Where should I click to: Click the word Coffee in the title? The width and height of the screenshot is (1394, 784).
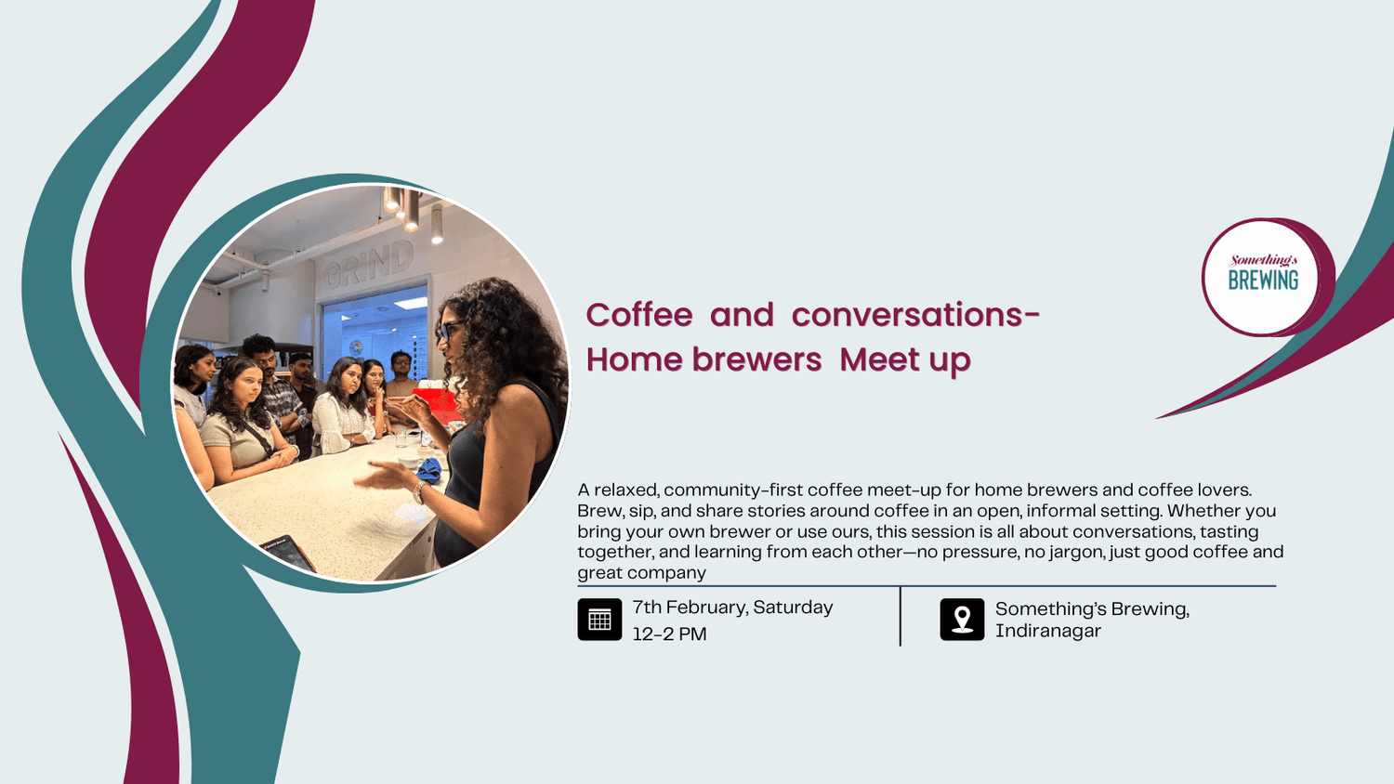[638, 315]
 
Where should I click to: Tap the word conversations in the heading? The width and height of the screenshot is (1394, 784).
[907, 315]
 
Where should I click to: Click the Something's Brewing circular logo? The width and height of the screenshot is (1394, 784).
[1262, 277]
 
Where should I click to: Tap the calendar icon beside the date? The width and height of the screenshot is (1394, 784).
[599, 620]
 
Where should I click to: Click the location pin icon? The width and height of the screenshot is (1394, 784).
[962, 620]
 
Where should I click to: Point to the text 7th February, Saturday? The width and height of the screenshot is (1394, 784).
[732, 608]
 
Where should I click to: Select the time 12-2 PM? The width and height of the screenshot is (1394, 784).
[669, 634]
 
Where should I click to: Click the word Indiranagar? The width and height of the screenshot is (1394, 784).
[1047, 631]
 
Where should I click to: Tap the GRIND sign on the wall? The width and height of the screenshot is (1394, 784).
[370, 264]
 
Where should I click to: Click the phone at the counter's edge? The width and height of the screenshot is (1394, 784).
[287, 553]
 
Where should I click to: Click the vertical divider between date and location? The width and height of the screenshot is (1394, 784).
[900, 616]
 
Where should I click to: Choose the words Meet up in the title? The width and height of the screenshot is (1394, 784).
[904, 359]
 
